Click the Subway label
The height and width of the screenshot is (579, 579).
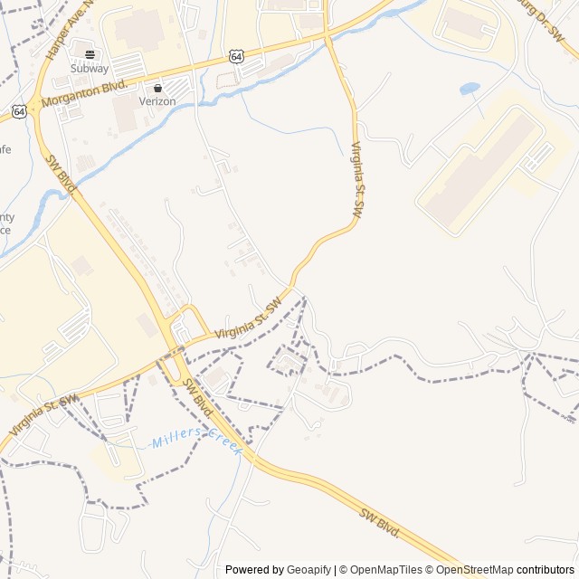pyautogui.click(x=90, y=68)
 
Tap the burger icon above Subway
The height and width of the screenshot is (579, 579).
pyautogui.click(x=90, y=54)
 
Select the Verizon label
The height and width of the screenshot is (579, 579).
pyautogui.click(x=157, y=101)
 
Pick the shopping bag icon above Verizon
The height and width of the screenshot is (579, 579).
pyautogui.click(x=157, y=89)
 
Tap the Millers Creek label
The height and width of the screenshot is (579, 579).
pyautogui.click(x=197, y=443)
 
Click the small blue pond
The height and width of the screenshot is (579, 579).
pyautogui.click(x=470, y=89)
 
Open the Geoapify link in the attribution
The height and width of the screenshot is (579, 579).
pyautogui.click(x=308, y=570)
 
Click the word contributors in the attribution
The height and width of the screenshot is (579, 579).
pyautogui.click(x=546, y=570)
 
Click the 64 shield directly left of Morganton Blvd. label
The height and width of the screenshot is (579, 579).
pyautogui.click(x=20, y=111)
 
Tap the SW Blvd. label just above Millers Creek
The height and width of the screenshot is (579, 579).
pyautogui.click(x=197, y=397)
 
